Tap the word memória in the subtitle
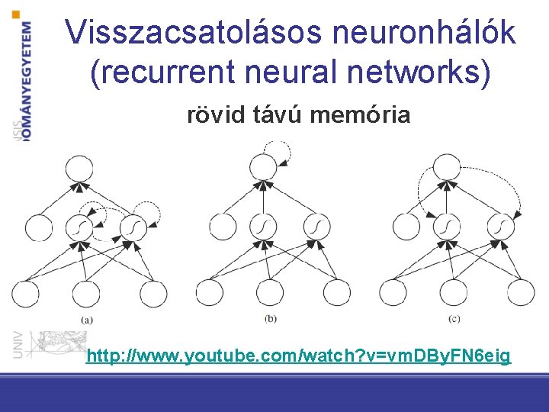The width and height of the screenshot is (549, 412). (x=361, y=115)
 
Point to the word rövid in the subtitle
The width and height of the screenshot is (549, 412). (x=211, y=115)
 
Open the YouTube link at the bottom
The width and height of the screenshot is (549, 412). (x=298, y=356)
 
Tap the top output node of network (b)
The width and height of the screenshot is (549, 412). (x=263, y=168)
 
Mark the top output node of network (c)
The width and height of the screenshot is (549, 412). (x=446, y=167)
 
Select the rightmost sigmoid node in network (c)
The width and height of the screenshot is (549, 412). (x=500, y=226)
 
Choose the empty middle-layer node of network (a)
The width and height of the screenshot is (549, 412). (x=38, y=227)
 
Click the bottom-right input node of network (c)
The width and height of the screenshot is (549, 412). (x=522, y=293)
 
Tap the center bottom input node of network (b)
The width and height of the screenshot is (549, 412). (x=271, y=293)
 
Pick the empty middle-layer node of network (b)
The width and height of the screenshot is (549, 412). (x=223, y=227)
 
